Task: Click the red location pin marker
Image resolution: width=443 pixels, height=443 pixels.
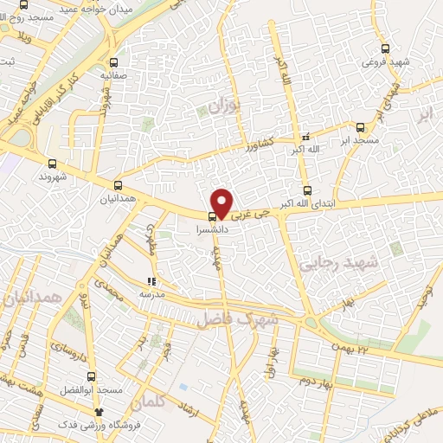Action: click(x=222, y=202)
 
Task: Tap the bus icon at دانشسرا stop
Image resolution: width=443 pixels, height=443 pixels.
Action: click(x=213, y=217)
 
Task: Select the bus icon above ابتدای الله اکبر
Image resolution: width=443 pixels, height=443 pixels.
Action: click(x=306, y=190)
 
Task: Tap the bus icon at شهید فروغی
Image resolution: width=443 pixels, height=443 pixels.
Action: click(x=385, y=48)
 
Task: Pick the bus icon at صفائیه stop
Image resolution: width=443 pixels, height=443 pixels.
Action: click(x=114, y=62)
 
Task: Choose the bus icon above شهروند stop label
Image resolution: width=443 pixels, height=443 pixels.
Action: click(x=53, y=163)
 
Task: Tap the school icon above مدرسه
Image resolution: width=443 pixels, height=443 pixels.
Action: click(x=151, y=281)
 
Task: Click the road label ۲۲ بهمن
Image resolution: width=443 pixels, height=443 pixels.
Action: click(x=350, y=347)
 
